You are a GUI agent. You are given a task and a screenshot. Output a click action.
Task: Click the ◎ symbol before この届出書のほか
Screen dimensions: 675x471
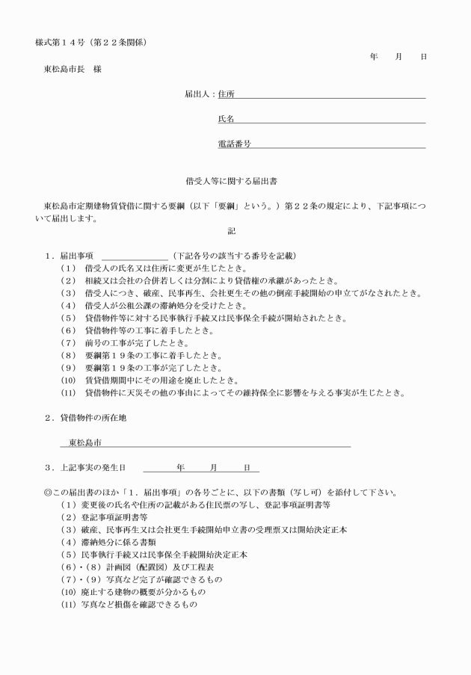coord(48,493)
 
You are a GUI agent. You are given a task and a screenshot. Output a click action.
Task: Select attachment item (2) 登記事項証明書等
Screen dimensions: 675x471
coord(104,517)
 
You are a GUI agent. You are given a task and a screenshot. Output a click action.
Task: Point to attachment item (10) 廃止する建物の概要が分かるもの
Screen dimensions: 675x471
coord(133,591)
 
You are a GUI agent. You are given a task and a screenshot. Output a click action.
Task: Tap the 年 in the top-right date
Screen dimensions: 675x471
coord(374,56)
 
